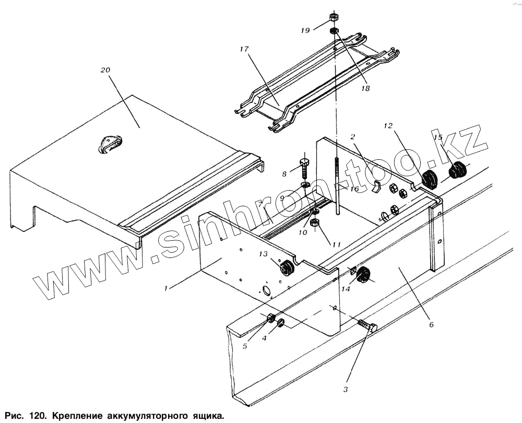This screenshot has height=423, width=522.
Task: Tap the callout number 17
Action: pos(243,49)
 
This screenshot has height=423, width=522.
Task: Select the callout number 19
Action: pos(305,31)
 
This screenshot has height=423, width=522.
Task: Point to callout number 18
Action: pos(364,89)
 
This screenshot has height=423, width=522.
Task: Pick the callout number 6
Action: pos(431,324)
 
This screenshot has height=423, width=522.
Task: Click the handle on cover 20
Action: pos(110,144)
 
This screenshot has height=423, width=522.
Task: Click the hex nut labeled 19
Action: pos(334,18)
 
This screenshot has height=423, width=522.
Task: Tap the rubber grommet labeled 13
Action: pos(286,268)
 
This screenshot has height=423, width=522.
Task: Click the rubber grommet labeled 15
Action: pos(458,170)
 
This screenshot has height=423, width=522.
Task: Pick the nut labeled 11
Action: pos(315,224)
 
